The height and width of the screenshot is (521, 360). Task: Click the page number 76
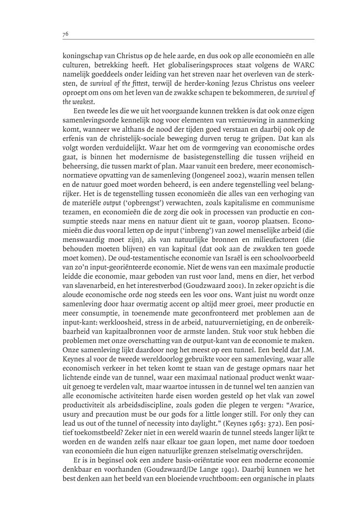pos(65,34)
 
